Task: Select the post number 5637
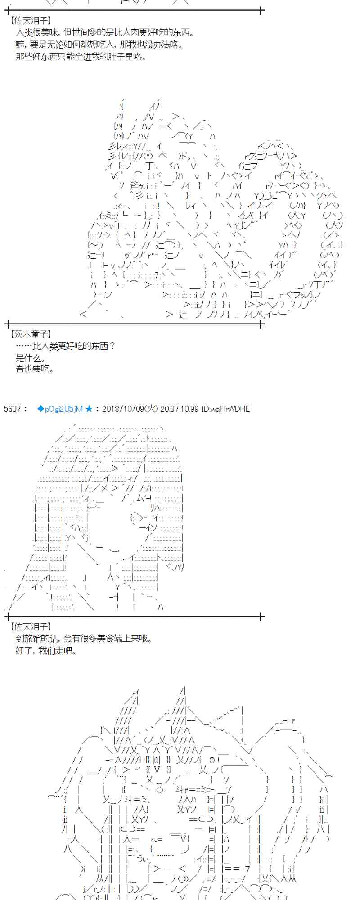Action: click(12, 409)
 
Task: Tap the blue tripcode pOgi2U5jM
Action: click(63, 409)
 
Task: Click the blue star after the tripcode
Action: click(89, 409)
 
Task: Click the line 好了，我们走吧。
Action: click(46, 651)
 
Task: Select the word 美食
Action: click(105, 639)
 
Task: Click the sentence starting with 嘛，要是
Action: click(99, 45)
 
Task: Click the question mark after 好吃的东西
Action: click(112, 346)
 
